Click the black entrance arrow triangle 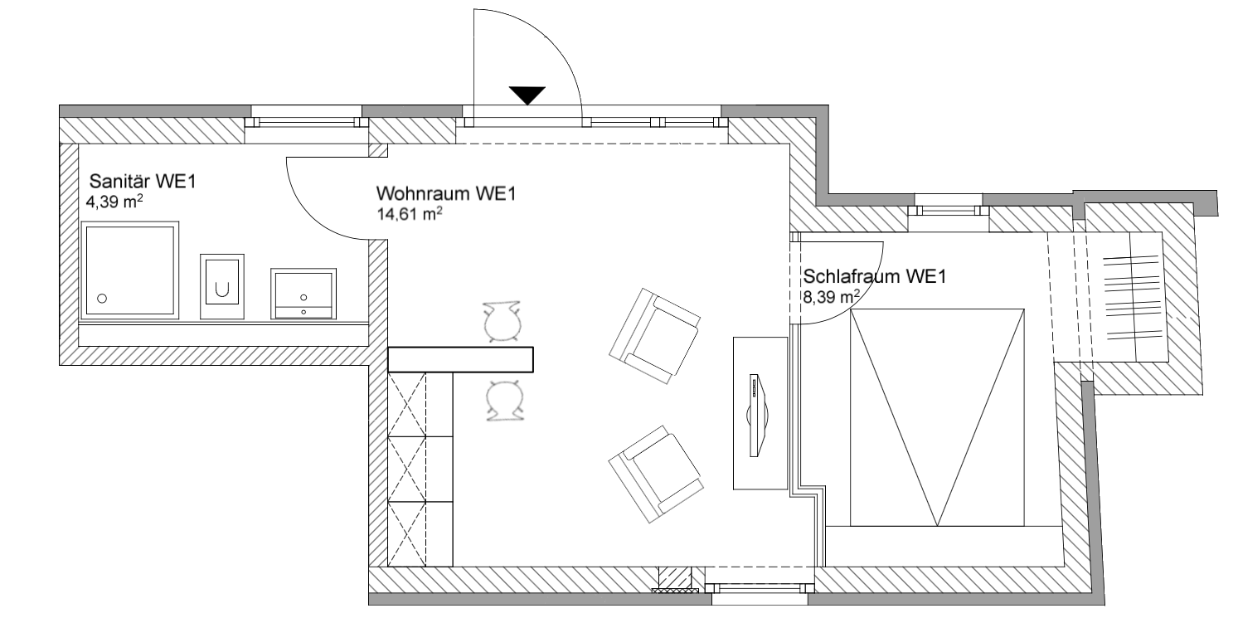pyautogui.click(x=527, y=95)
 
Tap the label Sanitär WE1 pyautogui.click(x=143, y=182)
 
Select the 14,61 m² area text pyautogui.click(x=410, y=213)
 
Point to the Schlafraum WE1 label pyautogui.click(x=874, y=276)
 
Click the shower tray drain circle pyautogui.click(x=102, y=299)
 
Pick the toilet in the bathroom pyautogui.click(x=222, y=286)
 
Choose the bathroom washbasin pyautogui.click(x=303, y=294)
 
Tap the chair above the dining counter pyautogui.click(x=502, y=322)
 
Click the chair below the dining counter pyautogui.click(x=505, y=400)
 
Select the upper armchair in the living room pyautogui.click(x=655, y=335)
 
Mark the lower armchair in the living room pyautogui.click(x=656, y=474)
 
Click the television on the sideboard pyautogui.click(x=756, y=415)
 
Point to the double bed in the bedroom pyautogui.click(x=937, y=417)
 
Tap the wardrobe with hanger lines pyautogui.click(x=1108, y=297)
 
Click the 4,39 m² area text pyautogui.click(x=114, y=202)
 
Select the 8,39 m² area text pyautogui.click(x=831, y=297)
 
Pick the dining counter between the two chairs pyautogui.click(x=460, y=359)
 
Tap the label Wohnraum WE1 pyautogui.click(x=446, y=193)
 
